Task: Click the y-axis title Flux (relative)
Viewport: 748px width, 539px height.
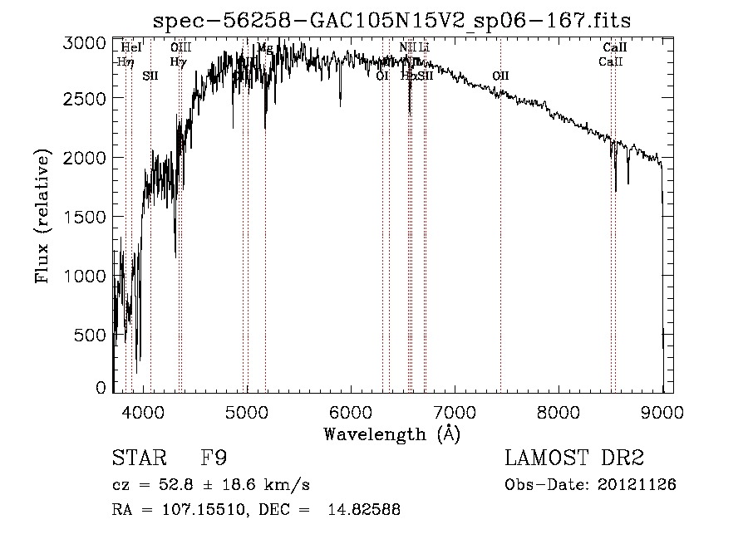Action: pos(42,217)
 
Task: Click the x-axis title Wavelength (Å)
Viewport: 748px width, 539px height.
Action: pos(391,433)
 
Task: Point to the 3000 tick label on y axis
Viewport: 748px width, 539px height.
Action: pos(85,42)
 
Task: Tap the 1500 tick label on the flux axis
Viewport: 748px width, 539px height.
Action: pos(85,216)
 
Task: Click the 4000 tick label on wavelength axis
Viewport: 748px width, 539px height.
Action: pos(143,411)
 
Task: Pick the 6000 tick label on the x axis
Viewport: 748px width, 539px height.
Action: pos(351,411)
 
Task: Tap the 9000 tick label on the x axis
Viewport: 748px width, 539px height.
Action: pos(662,411)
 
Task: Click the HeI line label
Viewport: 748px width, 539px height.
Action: pos(131,48)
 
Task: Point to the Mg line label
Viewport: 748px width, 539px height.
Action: pos(265,48)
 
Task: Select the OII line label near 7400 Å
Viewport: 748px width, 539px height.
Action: pos(499,76)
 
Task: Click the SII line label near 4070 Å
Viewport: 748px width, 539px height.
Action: pos(150,76)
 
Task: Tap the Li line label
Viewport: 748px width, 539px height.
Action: pos(424,48)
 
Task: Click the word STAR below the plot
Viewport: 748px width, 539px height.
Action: pos(136,458)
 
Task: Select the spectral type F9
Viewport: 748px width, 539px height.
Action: pos(214,458)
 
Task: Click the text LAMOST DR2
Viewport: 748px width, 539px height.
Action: pos(574,458)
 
